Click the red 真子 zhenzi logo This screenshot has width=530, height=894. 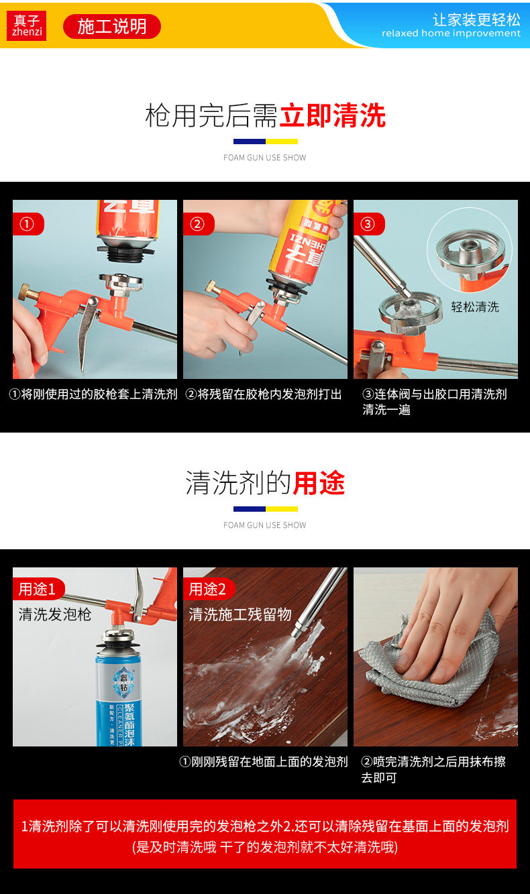(26, 26)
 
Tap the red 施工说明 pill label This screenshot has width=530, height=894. (112, 26)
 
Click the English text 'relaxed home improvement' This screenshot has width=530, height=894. (451, 33)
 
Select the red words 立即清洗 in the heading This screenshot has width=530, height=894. (333, 116)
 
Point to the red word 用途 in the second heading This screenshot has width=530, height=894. (319, 483)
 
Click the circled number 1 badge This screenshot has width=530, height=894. (27, 224)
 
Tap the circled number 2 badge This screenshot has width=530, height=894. (197, 224)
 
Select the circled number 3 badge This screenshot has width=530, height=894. (368, 224)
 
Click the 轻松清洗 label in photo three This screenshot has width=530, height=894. (475, 307)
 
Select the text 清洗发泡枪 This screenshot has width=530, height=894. (54, 614)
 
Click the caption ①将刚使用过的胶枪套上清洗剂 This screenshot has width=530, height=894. (93, 394)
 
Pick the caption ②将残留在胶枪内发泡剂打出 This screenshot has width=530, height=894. (264, 394)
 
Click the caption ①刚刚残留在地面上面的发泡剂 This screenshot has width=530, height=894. (264, 762)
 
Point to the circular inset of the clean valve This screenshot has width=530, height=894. (470, 250)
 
